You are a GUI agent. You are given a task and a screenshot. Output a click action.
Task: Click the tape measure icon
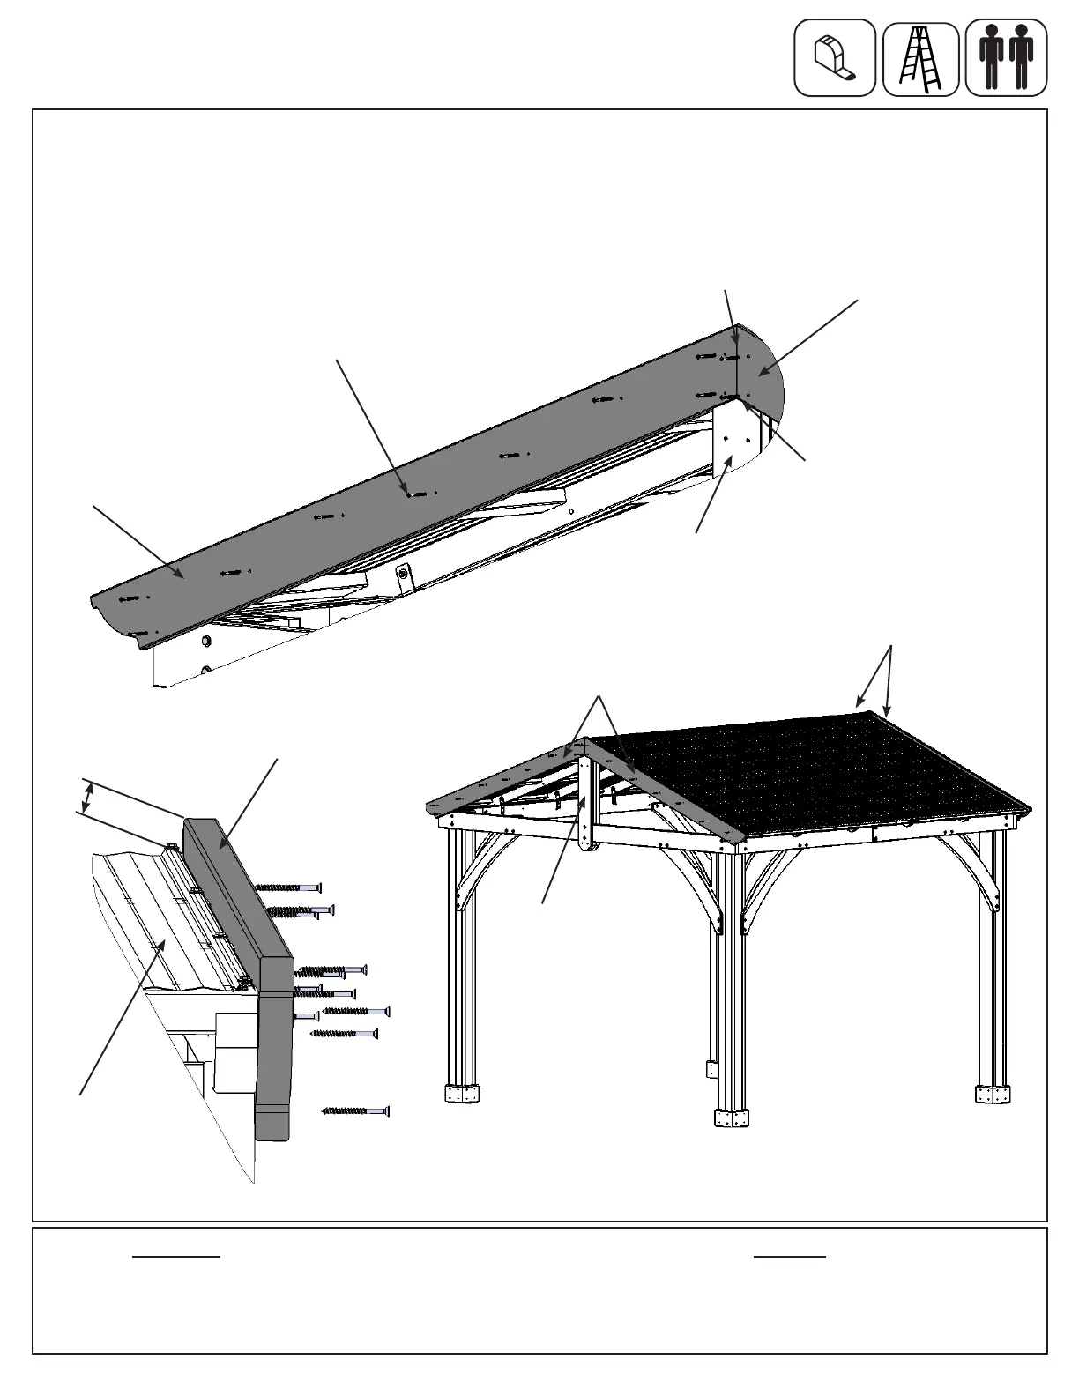(x=834, y=58)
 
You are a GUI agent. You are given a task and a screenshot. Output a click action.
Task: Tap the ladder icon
(x=920, y=59)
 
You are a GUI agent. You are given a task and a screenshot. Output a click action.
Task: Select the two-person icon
(x=1006, y=58)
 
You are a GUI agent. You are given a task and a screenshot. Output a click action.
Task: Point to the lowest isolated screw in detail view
(x=355, y=1111)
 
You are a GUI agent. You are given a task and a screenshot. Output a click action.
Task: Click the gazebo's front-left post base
(x=461, y=1094)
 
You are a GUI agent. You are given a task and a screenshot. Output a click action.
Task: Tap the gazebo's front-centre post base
(x=731, y=1118)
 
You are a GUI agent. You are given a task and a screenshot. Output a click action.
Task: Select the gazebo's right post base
(x=993, y=1093)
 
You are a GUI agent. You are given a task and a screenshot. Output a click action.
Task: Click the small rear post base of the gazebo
(x=711, y=1069)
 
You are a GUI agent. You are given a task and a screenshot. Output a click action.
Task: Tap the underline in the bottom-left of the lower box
(x=175, y=1256)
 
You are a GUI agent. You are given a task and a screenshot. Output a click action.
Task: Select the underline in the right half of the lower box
(x=789, y=1256)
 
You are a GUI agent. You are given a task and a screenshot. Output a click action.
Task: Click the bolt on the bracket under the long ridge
(x=403, y=573)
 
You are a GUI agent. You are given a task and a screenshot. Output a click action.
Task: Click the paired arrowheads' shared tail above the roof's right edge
(x=891, y=648)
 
